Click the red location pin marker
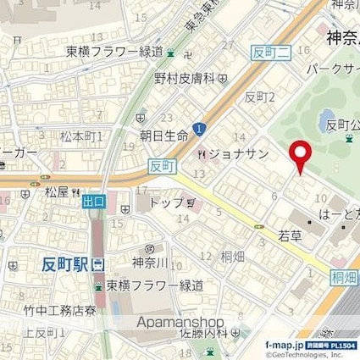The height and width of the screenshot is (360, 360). (x=299, y=157)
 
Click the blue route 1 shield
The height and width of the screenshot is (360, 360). (x=198, y=128)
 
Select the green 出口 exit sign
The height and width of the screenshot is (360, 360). (x=94, y=202)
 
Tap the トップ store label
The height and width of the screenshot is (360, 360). (x=168, y=204)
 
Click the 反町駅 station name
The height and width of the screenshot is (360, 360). (x=66, y=264)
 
